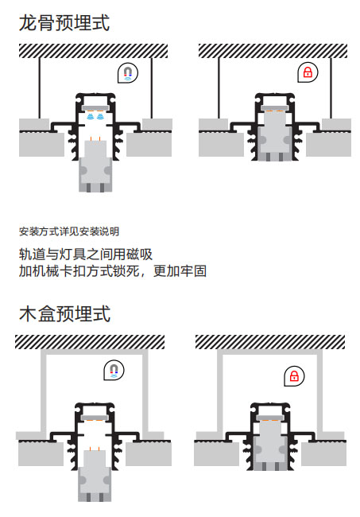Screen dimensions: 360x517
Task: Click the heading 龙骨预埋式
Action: click(x=64, y=23)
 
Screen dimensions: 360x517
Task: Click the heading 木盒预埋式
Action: click(x=64, y=313)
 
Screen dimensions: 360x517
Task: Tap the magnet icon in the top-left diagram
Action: click(x=128, y=73)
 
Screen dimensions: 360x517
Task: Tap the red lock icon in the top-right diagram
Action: click(x=308, y=72)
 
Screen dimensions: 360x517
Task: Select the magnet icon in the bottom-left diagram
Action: click(x=114, y=370)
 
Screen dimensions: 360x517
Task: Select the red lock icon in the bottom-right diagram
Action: click(x=294, y=376)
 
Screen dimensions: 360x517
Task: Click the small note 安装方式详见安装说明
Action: click(x=69, y=231)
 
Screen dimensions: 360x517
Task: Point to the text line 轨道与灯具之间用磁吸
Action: click(x=86, y=255)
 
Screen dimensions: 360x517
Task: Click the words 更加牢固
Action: click(x=180, y=271)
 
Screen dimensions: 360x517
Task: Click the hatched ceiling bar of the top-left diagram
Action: click(x=93, y=51)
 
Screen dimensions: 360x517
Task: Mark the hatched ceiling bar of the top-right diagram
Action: click(x=273, y=51)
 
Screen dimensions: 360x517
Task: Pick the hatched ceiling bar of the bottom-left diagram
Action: click(x=90, y=342)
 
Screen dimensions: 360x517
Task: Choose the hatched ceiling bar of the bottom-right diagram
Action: click(x=270, y=342)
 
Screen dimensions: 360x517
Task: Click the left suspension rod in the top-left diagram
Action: click(x=40, y=88)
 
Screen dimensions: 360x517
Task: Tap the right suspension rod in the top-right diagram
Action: click(x=331, y=88)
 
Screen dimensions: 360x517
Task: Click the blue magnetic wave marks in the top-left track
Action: click(x=95, y=116)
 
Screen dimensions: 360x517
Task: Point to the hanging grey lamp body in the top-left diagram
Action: click(x=95, y=166)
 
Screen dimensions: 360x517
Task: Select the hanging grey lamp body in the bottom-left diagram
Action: click(x=95, y=476)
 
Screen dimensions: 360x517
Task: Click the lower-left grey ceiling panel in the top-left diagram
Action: click(x=41, y=144)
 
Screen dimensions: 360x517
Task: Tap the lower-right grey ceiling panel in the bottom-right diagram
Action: click(x=323, y=453)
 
